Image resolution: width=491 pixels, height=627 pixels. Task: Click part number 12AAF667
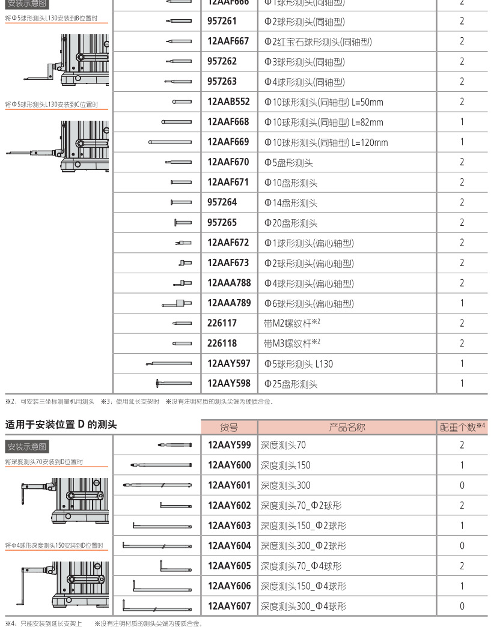[228, 41]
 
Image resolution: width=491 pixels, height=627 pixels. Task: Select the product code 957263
[222, 82]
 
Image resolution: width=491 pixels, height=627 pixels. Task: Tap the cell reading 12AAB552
[228, 102]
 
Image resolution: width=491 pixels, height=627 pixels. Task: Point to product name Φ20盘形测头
[291, 223]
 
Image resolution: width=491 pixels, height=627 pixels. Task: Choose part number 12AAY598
[229, 384]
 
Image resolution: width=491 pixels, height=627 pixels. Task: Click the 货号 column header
[229, 428]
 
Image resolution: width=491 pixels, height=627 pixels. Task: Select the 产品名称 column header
[347, 428]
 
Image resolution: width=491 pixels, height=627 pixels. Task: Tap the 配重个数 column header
[462, 428]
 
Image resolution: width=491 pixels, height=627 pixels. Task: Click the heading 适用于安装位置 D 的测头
[61, 425]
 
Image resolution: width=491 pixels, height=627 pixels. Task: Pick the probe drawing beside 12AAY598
[174, 383]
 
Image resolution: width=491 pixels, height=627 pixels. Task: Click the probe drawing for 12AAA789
[177, 303]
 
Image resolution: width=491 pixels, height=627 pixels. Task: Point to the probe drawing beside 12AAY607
[157, 605]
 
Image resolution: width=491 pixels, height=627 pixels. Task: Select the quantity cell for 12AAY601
[462, 485]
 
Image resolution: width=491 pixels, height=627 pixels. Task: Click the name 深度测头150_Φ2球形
[303, 526]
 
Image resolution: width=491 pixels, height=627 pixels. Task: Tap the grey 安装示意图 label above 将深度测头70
[27, 446]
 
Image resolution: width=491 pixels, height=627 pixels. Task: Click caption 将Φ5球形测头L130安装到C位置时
[51, 104]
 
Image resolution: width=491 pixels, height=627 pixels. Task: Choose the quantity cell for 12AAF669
[462, 142]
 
